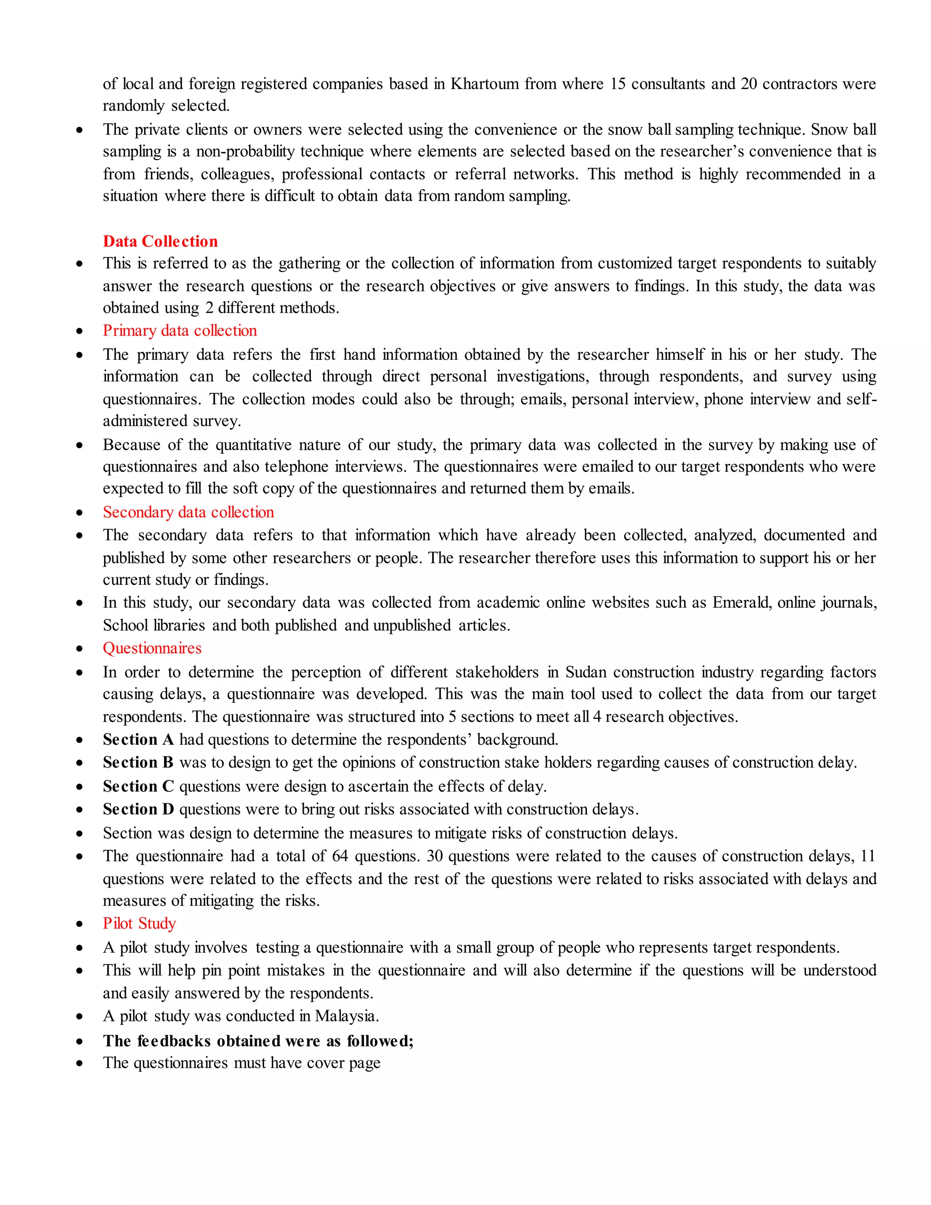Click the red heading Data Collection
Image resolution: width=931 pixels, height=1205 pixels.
(160, 241)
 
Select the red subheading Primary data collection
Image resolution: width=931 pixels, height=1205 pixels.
(180, 331)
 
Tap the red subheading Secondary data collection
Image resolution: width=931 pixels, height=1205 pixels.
(188, 512)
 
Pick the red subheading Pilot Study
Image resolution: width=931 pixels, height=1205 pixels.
(140, 923)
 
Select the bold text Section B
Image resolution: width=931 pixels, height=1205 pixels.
(138, 763)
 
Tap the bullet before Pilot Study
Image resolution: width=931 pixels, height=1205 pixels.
(80, 924)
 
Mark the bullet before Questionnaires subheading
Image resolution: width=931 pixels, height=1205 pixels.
(80, 649)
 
